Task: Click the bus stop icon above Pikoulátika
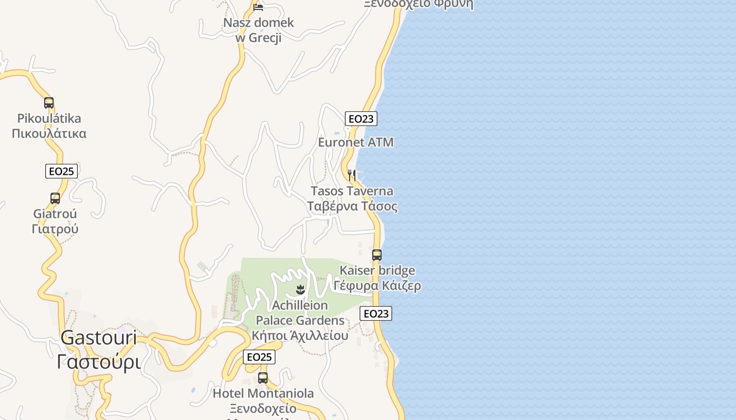tap(49, 103)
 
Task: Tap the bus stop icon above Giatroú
tap(55, 198)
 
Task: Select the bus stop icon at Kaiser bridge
tap(377, 255)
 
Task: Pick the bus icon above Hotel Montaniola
tap(263, 377)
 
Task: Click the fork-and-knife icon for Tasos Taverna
tap(352, 175)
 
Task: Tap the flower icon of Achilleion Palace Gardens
tap(300, 289)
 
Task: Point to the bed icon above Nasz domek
tap(258, 7)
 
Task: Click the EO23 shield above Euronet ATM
tap(361, 119)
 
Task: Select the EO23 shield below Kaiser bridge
tap(376, 314)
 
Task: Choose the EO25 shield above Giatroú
tap(62, 171)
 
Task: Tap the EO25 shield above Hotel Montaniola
tap(259, 358)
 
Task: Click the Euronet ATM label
tap(356, 142)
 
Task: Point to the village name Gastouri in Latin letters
tap(99, 338)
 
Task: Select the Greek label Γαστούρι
tap(99, 362)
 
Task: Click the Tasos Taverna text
tap(352, 191)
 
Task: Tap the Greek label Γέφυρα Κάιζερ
tap(377, 286)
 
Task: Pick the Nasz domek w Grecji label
tap(258, 30)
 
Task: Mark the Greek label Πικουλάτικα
tap(49, 133)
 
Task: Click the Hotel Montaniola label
tap(263, 393)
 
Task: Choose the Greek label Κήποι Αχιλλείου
tap(300, 335)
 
